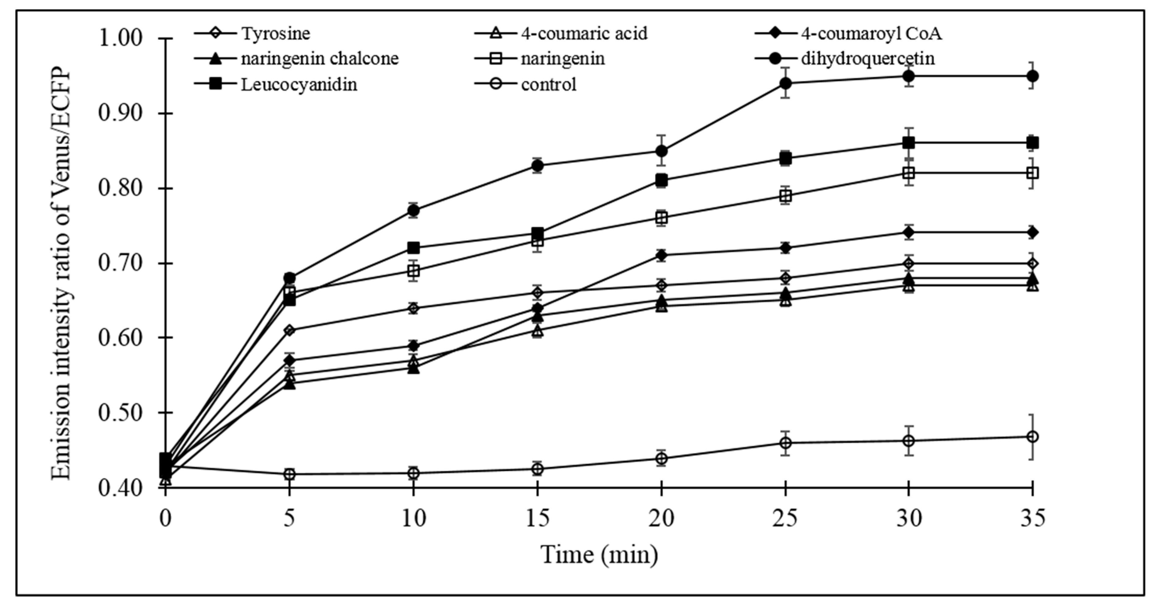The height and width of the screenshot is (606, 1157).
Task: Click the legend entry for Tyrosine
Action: (x=275, y=34)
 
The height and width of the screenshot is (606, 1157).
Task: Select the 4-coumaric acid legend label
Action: (x=584, y=34)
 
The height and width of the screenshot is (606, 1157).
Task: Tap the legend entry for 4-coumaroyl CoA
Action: (x=871, y=34)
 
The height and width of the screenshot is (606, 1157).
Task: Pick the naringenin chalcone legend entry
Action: (x=319, y=59)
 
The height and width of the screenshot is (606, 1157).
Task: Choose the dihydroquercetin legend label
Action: (x=868, y=59)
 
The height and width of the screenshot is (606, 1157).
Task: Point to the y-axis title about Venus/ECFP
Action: (x=62, y=274)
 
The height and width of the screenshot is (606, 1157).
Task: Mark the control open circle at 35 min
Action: (x=1033, y=436)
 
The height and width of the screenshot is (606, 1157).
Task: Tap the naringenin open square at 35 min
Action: (x=1033, y=173)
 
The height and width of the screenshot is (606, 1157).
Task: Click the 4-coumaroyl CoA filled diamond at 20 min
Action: (x=661, y=255)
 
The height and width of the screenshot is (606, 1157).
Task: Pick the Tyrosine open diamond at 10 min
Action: (x=414, y=308)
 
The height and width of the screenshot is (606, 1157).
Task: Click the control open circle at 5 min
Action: (x=290, y=474)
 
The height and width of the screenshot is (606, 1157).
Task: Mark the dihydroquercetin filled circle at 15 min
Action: (x=537, y=166)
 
